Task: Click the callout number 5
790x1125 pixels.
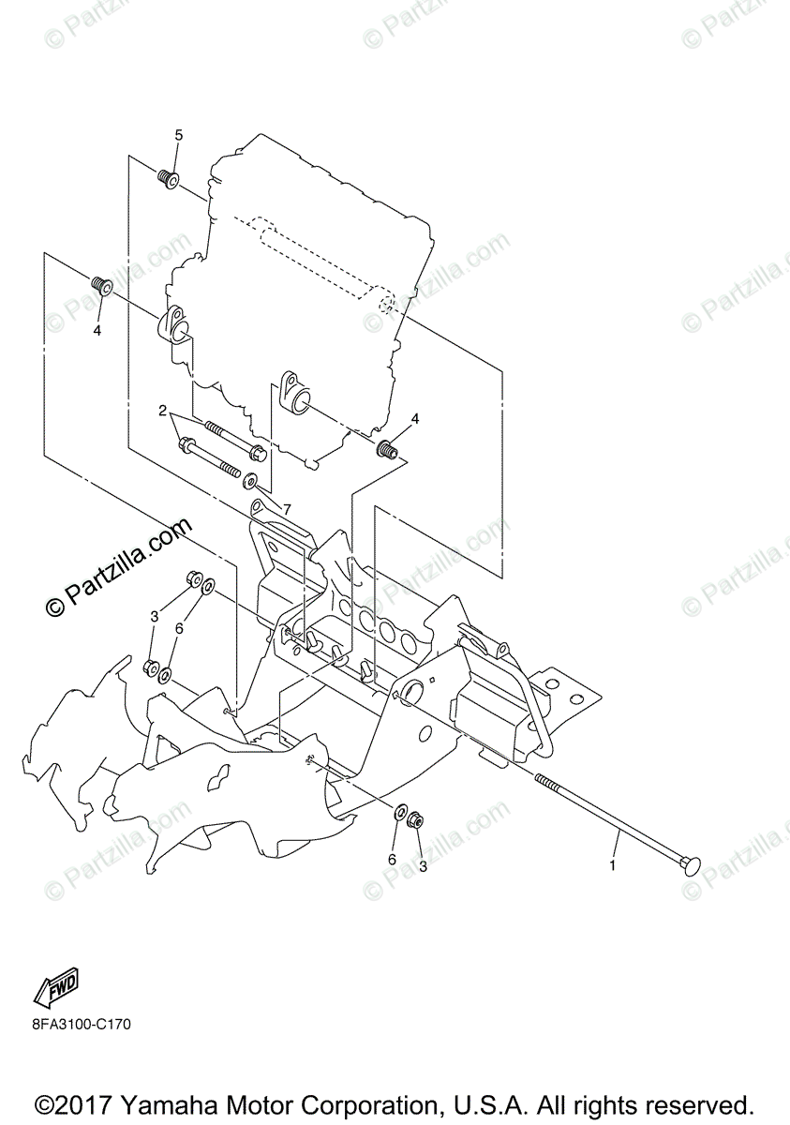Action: [178, 136]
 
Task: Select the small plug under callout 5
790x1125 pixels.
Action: [169, 178]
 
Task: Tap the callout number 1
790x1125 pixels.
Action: [613, 865]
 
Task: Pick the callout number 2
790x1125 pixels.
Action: [162, 411]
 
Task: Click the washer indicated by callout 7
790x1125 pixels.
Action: [251, 482]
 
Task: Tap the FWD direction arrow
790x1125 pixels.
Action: [55, 987]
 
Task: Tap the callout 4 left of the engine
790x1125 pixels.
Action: [97, 330]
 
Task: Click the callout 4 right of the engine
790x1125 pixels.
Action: [415, 418]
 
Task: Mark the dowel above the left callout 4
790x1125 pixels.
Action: [101, 285]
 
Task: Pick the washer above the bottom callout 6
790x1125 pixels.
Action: [398, 812]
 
